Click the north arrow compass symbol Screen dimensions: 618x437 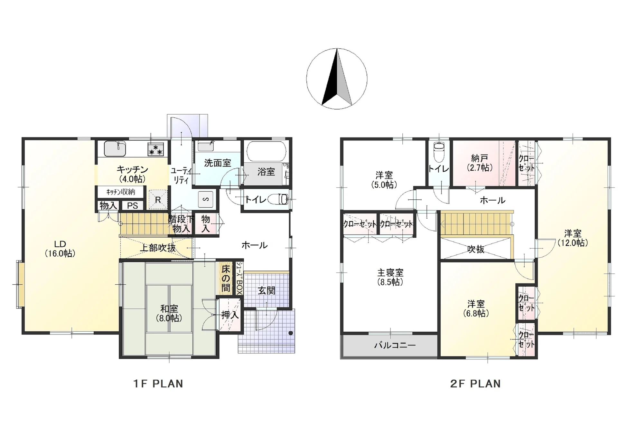point(337,79)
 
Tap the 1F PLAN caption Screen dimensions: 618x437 point(158,384)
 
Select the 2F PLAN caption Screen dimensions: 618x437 point(475,384)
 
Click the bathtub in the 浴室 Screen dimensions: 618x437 point(266,151)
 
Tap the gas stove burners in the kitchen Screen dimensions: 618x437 point(156,149)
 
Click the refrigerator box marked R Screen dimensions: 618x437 point(158,200)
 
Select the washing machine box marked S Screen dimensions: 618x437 point(206,199)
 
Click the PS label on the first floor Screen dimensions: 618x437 point(132,206)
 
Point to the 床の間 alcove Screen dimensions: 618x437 point(226,279)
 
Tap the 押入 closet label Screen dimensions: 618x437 point(230,315)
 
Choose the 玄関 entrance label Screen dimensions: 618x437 point(267,291)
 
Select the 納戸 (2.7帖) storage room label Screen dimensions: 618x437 point(480,163)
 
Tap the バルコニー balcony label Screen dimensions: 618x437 point(395,346)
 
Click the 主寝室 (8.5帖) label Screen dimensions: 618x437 point(390,277)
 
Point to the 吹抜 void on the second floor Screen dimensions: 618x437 point(476,249)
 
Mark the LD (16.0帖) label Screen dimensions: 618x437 point(60,249)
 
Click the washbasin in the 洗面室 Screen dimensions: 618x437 point(206,146)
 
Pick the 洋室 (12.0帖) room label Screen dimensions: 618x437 point(573,238)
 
